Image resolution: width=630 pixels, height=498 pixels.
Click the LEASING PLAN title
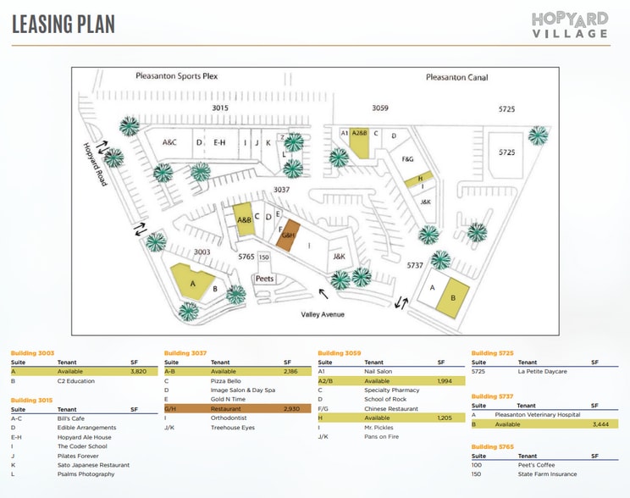click(64, 24)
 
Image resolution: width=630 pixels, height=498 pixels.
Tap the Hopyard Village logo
click(570, 25)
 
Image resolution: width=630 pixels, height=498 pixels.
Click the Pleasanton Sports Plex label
click(176, 75)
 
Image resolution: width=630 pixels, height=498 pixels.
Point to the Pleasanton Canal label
click(456, 77)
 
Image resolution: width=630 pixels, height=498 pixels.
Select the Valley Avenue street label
click(322, 315)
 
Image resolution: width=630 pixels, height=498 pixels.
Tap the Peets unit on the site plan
click(264, 279)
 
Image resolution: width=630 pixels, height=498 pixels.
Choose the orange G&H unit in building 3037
click(287, 235)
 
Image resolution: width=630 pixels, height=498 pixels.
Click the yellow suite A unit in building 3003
click(190, 280)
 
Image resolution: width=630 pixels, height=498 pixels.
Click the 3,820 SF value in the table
click(139, 371)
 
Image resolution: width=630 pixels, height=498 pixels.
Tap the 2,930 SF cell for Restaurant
click(292, 408)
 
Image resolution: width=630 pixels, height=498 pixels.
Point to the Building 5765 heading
click(493, 446)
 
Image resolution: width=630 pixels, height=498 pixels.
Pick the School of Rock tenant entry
click(385, 399)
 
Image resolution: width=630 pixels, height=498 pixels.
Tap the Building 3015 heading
click(32, 399)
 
